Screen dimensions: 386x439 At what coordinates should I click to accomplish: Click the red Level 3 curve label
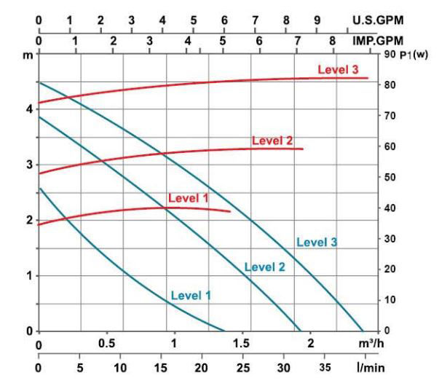338,69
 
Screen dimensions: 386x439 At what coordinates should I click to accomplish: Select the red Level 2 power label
272,141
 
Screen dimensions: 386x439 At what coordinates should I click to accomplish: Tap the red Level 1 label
188,197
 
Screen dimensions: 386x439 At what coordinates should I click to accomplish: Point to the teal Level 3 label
317,243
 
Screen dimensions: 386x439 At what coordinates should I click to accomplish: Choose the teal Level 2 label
264,267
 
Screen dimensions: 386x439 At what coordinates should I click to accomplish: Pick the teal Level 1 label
191,295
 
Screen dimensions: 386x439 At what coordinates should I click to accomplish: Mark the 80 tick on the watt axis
391,85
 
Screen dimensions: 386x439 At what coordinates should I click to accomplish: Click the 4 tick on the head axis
29,109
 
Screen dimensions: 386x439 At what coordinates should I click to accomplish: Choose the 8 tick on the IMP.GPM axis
333,42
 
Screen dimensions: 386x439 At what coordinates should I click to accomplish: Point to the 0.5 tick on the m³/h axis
106,343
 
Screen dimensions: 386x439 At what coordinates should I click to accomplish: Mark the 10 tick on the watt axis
391,300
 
